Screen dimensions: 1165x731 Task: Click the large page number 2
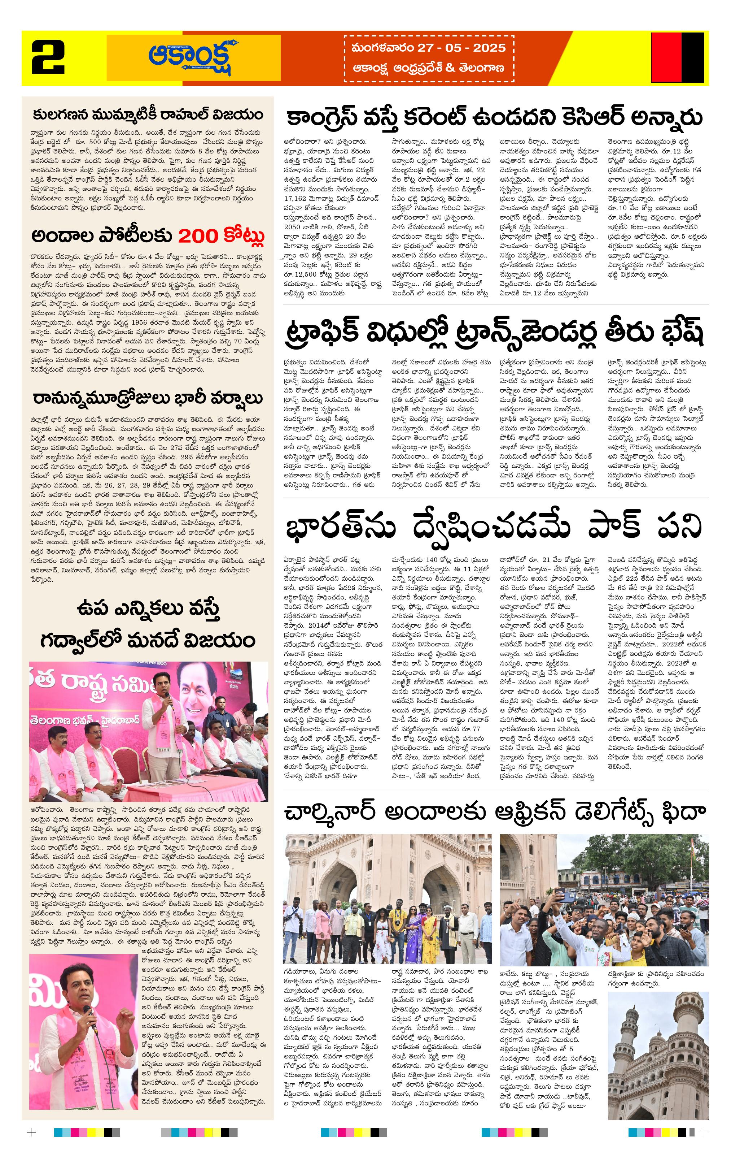tap(48, 57)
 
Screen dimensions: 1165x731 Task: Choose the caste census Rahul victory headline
tap(148, 115)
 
